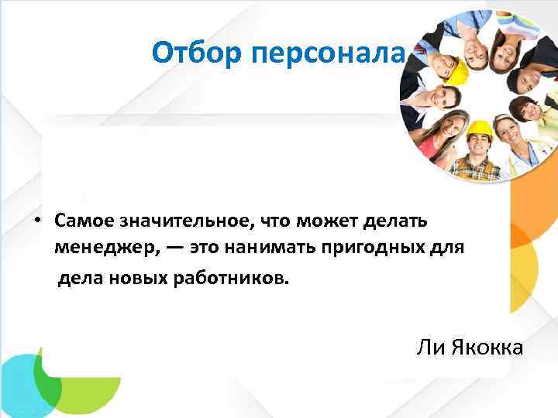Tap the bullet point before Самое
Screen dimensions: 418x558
click(36, 221)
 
